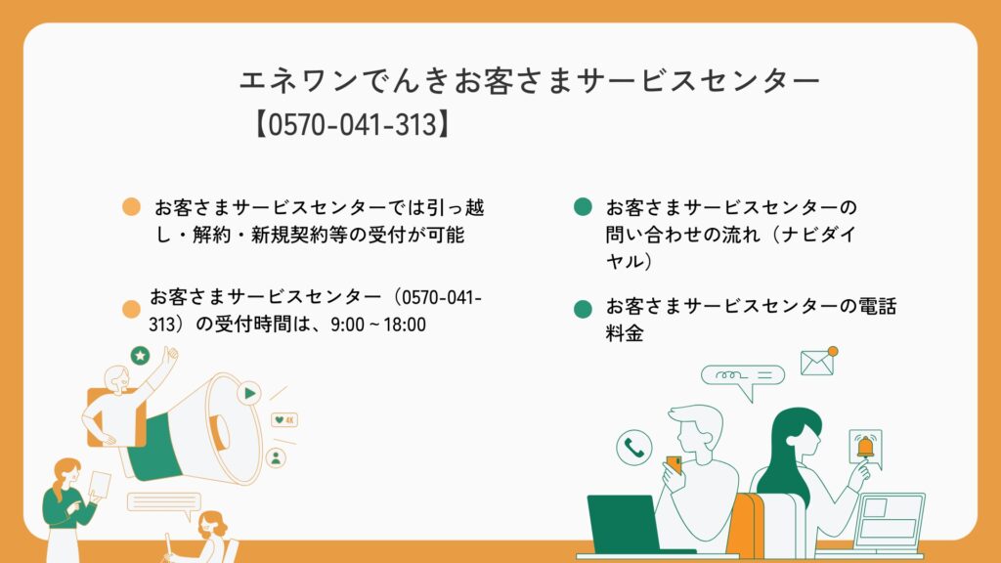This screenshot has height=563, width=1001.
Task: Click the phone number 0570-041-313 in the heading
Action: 352,124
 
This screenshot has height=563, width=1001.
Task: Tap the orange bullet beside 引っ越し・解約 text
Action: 132,207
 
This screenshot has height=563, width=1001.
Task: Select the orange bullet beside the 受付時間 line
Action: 132,309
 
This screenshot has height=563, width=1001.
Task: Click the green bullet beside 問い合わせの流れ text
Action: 583,207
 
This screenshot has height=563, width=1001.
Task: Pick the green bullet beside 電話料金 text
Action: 583,309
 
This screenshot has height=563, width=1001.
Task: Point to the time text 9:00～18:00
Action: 378,325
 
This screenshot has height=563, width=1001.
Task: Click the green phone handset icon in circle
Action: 633,448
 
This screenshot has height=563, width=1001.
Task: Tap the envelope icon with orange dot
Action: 819,362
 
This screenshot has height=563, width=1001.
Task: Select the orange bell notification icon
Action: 865,446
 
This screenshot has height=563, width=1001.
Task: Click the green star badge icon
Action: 141,356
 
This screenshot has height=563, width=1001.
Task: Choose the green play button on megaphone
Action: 249,393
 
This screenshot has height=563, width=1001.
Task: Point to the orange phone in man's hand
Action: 674,464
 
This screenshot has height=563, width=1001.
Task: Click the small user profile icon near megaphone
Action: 276,457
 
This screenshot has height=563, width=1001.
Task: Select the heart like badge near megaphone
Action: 284,420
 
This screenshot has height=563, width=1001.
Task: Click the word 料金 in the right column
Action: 625,332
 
